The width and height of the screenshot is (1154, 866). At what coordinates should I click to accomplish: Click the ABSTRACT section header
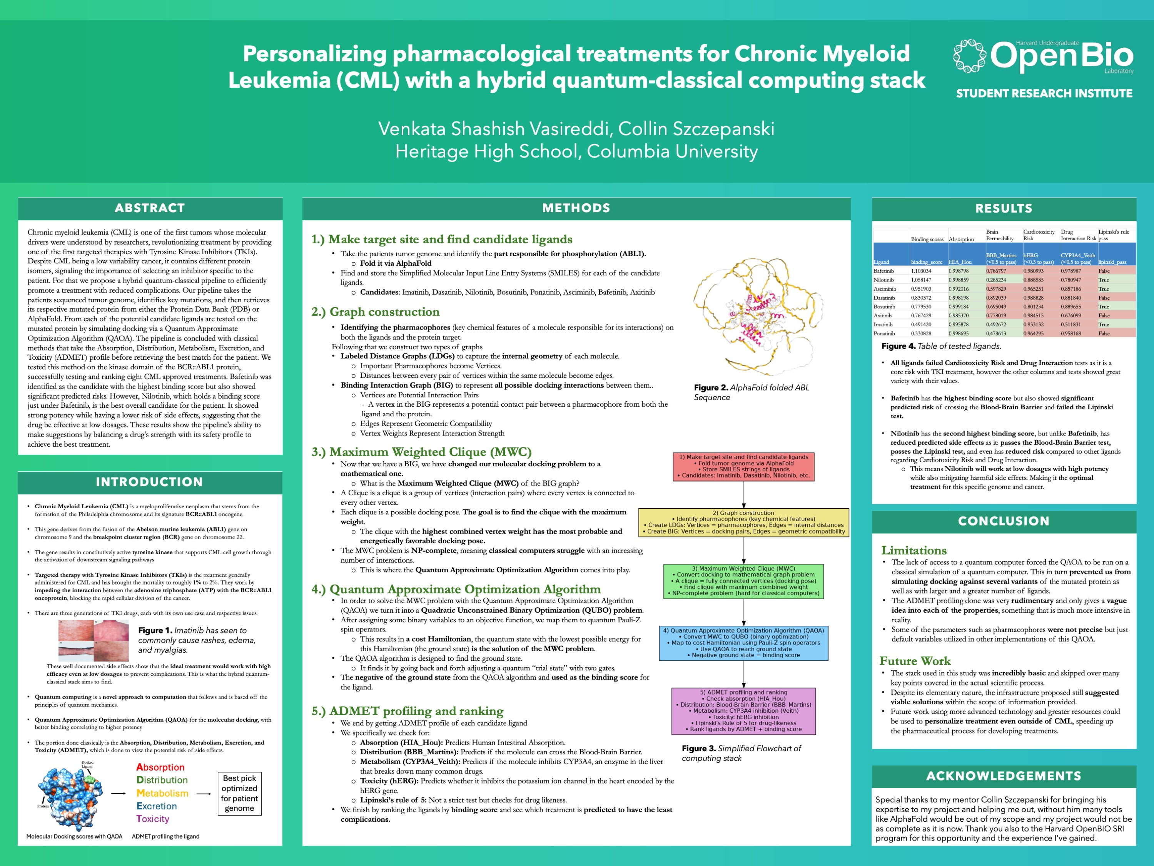(150, 208)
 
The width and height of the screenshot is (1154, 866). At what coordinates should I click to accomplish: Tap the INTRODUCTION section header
(150, 482)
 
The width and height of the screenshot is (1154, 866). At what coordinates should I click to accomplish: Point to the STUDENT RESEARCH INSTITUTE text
(1044, 94)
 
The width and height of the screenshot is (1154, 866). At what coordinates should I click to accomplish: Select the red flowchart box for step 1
(743, 466)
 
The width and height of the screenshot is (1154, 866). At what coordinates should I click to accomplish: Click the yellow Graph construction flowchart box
(743, 523)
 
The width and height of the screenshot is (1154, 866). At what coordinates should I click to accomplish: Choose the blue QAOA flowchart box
(743, 643)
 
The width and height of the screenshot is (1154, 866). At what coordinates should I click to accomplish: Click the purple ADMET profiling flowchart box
(743, 710)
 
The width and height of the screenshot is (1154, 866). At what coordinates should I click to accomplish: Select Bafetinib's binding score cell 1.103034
(921, 271)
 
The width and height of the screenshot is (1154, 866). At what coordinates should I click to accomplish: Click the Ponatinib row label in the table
(884, 333)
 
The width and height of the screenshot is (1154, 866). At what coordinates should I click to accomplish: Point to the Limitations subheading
(914, 550)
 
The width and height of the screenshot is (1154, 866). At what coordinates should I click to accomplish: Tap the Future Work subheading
(915, 661)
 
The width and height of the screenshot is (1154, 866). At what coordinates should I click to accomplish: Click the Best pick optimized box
(239, 794)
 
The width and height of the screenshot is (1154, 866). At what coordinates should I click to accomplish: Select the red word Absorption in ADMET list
(160, 767)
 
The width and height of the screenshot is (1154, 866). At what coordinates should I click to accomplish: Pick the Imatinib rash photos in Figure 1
(94, 640)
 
